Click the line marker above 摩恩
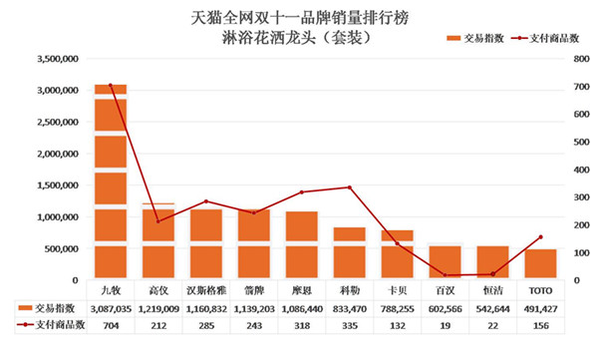(x=301, y=191)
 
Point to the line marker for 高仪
(x=157, y=220)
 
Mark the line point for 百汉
(x=445, y=275)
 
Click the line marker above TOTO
(x=540, y=237)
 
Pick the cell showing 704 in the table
(x=110, y=325)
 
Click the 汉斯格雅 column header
(x=205, y=290)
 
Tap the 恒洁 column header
(x=492, y=290)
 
